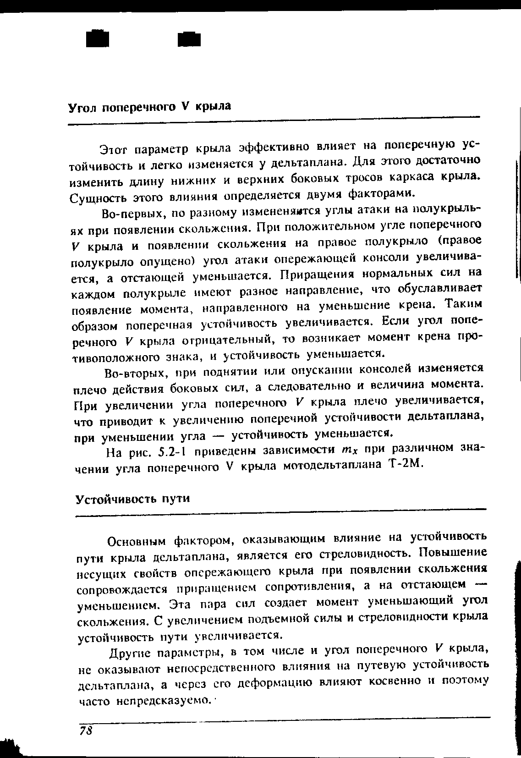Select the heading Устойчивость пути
pos(132,498)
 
